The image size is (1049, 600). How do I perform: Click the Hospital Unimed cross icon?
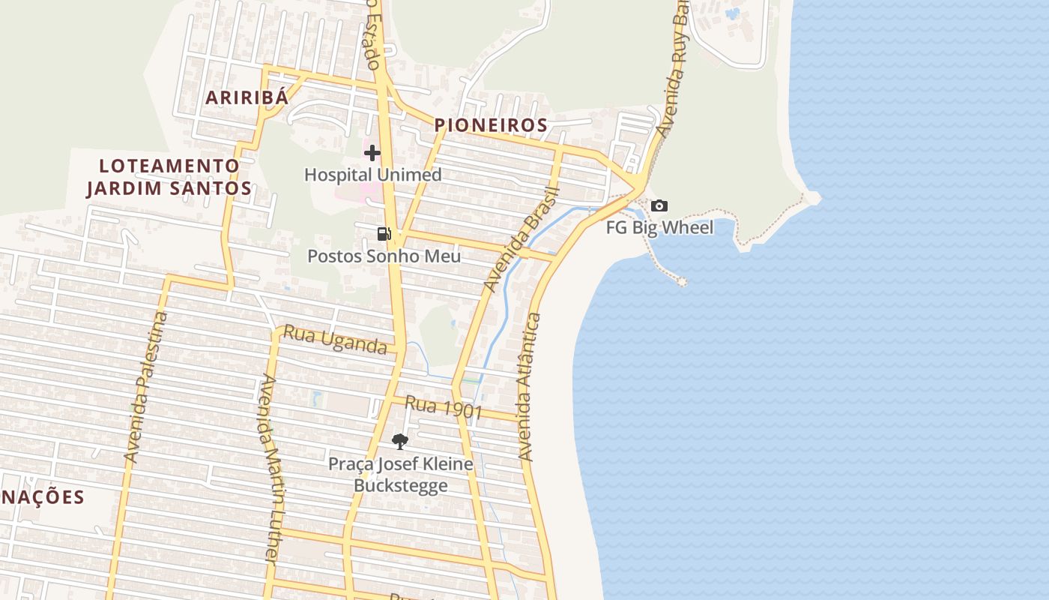click(x=372, y=153)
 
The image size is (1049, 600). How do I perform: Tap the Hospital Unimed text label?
click(x=372, y=175)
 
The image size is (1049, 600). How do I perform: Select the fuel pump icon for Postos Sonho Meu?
click(x=384, y=234)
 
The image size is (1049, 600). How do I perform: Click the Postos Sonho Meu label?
click(x=384, y=256)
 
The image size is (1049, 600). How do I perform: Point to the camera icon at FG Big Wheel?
click(x=659, y=205)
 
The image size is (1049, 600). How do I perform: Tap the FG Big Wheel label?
click(x=659, y=227)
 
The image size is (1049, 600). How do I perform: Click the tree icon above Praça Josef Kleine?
click(x=400, y=441)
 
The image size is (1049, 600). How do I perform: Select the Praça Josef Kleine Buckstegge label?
click(x=401, y=474)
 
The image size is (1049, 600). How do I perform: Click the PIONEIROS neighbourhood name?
click(x=491, y=125)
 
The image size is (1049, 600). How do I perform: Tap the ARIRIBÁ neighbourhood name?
click(x=247, y=97)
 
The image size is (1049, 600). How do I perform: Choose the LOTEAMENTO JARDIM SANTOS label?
click(x=169, y=176)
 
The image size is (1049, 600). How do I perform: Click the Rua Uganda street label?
click(x=334, y=340)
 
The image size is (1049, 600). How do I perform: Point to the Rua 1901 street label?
click(x=443, y=408)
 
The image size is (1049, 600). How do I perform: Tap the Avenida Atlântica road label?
click(x=529, y=386)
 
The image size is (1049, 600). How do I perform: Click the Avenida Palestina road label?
click(x=146, y=386)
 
